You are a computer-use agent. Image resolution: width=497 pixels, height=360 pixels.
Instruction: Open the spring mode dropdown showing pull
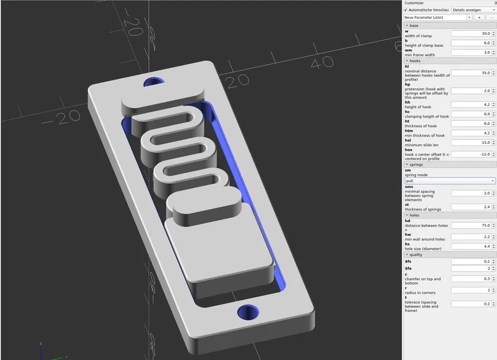click(x=450, y=181)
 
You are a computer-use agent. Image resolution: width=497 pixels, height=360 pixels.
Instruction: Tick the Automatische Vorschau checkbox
click(x=406, y=10)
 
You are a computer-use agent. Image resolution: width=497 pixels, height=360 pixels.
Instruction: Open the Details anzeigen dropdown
click(x=473, y=10)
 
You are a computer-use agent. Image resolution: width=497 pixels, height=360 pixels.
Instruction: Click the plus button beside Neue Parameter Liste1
click(x=479, y=18)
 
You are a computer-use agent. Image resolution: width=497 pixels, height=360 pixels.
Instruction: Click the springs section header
click(x=416, y=165)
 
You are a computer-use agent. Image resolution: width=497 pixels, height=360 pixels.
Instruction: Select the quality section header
click(x=416, y=255)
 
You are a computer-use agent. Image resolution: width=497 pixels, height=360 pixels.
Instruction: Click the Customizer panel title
click(x=415, y=3)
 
